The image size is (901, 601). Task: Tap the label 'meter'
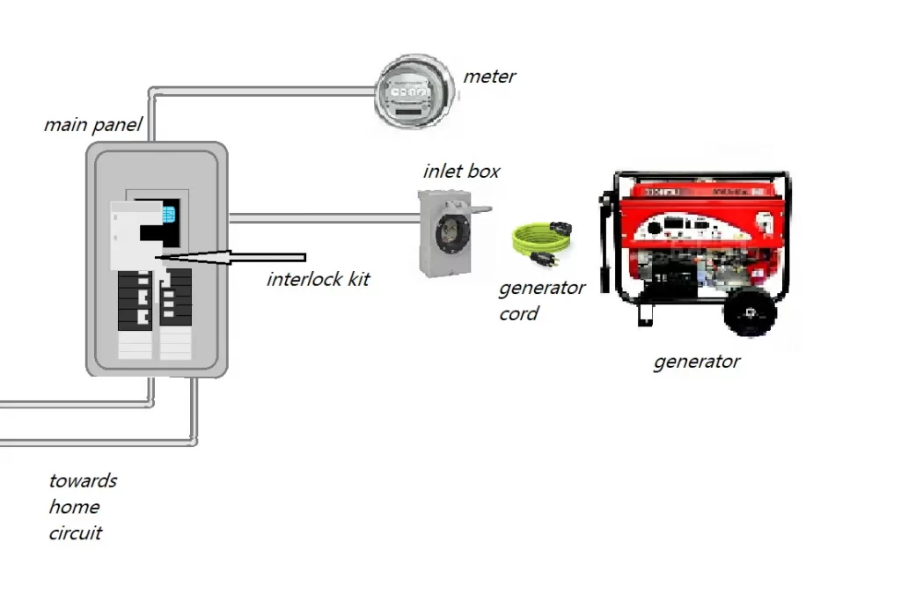point(489,77)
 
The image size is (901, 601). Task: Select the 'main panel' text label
point(92,125)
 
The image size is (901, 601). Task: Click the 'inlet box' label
point(461,171)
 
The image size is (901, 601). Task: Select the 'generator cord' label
point(540,300)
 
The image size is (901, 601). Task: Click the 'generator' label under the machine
point(696,361)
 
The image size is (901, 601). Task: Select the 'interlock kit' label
point(318,280)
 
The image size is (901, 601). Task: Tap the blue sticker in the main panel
point(166,213)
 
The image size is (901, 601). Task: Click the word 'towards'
point(83,480)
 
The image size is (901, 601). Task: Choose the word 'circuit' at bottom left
point(76,532)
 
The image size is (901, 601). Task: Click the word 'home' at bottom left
point(74,507)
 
